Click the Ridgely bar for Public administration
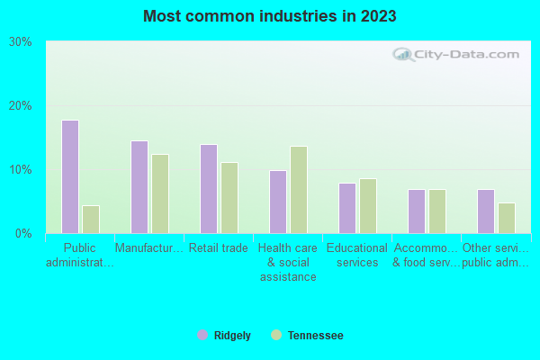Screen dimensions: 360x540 pyautogui.click(x=70, y=176)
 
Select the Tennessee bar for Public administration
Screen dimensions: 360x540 pyautogui.click(x=91, y=220)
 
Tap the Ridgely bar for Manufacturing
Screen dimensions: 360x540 pyautogui.click(x=139, y=187)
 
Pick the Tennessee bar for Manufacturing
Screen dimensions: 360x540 pyautogui.click(x=160, y=193)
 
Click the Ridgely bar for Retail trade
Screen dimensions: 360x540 pyautogui.click(x=209, y=189)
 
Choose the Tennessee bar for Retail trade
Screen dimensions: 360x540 pyautogui.click(x=229, y=198)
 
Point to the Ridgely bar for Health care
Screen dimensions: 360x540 pyautogui.click(x=278, y=202)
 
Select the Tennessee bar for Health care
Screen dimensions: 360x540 pyautogui.click(x=299, y=190)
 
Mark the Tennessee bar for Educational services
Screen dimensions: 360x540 pyautogui.click(x=368, y=206)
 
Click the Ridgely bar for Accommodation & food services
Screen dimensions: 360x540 pyautogui.click(x=417, y=211)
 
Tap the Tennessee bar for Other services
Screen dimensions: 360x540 pyautogui.click(x=507, y=218)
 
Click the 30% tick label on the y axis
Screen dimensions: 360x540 pyautogui.click(x=21, y=42)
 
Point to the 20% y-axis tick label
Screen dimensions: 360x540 pyautogui.click(x=21, y=106)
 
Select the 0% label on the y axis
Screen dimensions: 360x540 pyautogui.click(x=24, y=234)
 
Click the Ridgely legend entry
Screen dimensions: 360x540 pyautogui.click(x=225, y=336)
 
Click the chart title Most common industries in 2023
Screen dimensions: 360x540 pyautogui.click(x=270, y=16)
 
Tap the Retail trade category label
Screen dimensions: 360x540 pyautogui.click(x=219, y=248)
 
